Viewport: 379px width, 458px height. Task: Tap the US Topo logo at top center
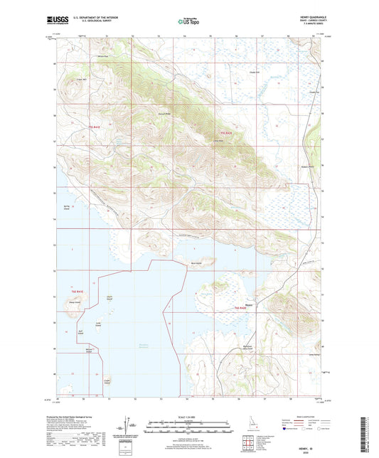click(186, 21)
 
